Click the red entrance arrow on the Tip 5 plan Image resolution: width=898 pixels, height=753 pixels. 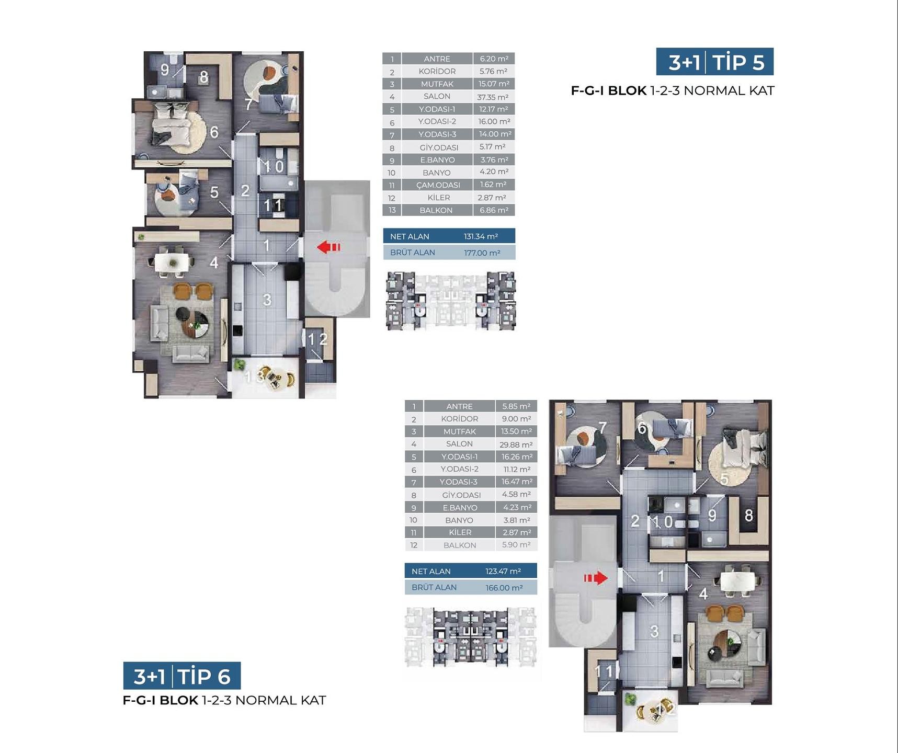pyautogui.click(x=328, y=247)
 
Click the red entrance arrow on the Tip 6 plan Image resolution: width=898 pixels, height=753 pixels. pyautogui.click(x=596, y=578)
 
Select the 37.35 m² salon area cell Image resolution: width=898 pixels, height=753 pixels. pyautogui.click(x=494, y=97)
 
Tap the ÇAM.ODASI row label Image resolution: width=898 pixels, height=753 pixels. pyautogui.click(x=438, y=185)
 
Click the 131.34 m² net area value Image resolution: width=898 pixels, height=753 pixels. pyautogui.click(x=481, y=236)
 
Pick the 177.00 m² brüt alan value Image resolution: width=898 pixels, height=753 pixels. pyautogui.click(x=482, y=253)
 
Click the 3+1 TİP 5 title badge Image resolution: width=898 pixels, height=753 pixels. pyautogui.click(x=715, y=62)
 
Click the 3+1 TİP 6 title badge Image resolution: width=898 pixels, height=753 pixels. pyautogui.click(x=182, y=676)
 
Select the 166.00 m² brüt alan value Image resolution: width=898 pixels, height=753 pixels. pyautogui.click(x=504, y=588)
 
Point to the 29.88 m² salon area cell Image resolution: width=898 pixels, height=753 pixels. pyautogui.click(x=516, y=444)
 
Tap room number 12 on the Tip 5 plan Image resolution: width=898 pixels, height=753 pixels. pyautogui.click(x=317, y=339)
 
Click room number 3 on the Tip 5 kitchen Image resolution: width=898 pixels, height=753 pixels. pyautogui.click(x=267, y=300)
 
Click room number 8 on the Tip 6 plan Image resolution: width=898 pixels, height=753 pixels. pyautogui.click(x=748, y=516)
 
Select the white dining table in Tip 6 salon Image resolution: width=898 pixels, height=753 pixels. pyautogui.click(x=738, y=580)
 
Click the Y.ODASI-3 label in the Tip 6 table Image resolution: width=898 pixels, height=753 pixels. pyautogui.click(x=459, y=482)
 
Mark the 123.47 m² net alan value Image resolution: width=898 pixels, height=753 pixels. pyautogui.click(x=503, y=572)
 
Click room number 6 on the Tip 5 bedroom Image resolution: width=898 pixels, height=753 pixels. pyautogui.click(x=214, y=132)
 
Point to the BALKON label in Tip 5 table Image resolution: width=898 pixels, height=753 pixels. pyautogui.click(x=436, y=210)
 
